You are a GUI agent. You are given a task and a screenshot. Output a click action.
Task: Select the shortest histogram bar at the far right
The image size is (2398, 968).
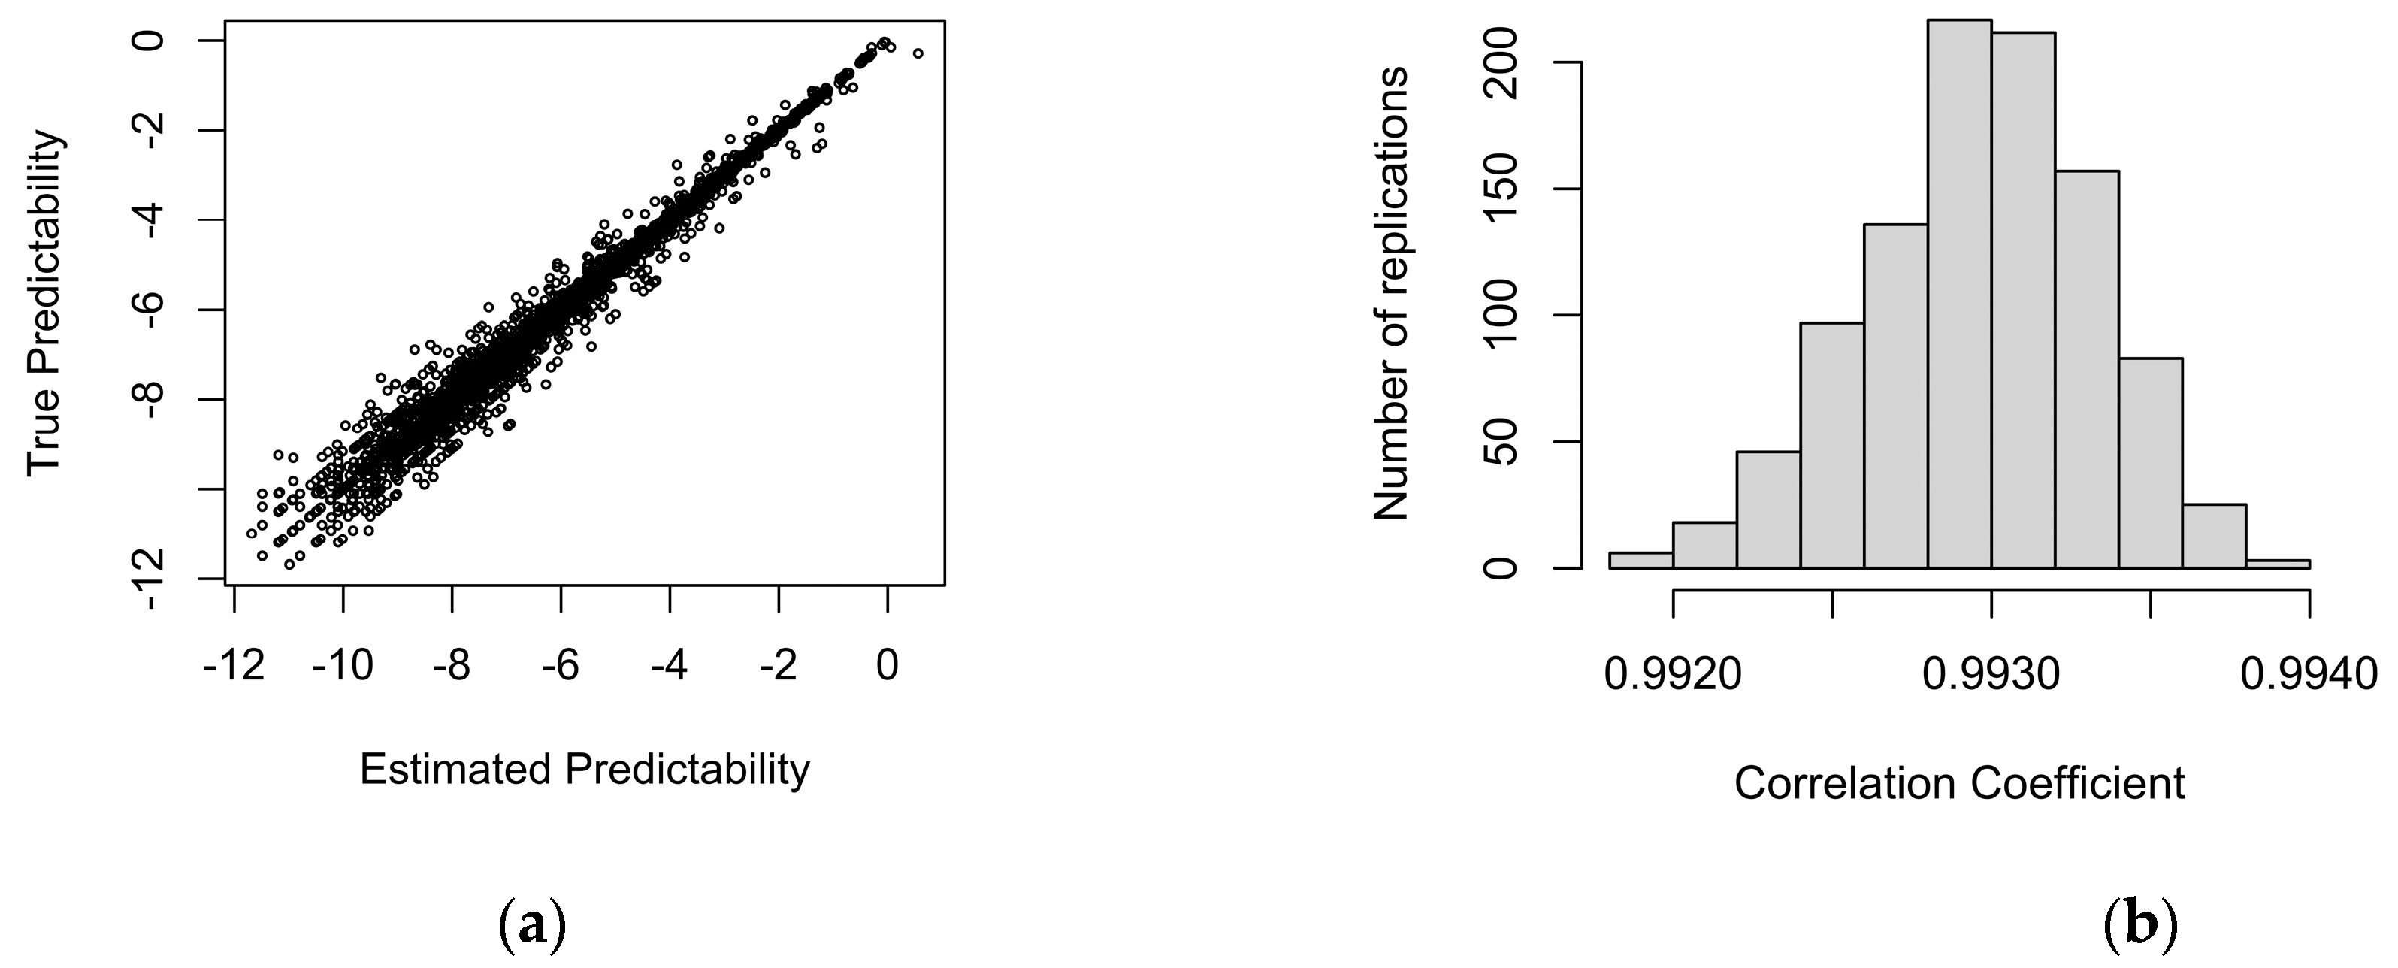[2277, 563]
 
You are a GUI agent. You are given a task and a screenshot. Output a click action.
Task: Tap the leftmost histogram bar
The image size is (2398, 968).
[1640, 561]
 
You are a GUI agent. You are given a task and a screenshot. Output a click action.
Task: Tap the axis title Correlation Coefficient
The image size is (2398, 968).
[1958, 783]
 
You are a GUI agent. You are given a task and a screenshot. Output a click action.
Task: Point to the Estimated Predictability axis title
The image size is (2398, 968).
[585, 770]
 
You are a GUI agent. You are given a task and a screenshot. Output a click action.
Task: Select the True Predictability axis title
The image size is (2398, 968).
[44, 302]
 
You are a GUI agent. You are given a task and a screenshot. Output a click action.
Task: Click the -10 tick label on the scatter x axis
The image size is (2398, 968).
[343, 667]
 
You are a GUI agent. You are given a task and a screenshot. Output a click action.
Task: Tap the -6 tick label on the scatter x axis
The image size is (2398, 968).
[561, 667]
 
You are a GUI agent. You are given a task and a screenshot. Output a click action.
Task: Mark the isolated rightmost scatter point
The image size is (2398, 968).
[918, 53]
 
